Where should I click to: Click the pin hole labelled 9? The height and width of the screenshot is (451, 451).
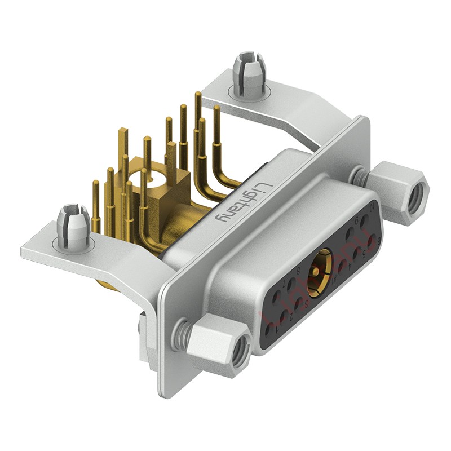point(350,234)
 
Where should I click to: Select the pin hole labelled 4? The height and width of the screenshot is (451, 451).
point(342,266)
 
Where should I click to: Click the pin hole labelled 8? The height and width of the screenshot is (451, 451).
point(291,283)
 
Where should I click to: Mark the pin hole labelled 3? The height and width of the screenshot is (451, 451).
point(298,303)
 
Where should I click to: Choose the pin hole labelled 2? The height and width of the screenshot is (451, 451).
point(284,316)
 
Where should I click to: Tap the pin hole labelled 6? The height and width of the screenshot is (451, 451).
point(372,240)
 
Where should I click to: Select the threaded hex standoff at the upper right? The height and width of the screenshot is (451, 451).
point(401,186)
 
